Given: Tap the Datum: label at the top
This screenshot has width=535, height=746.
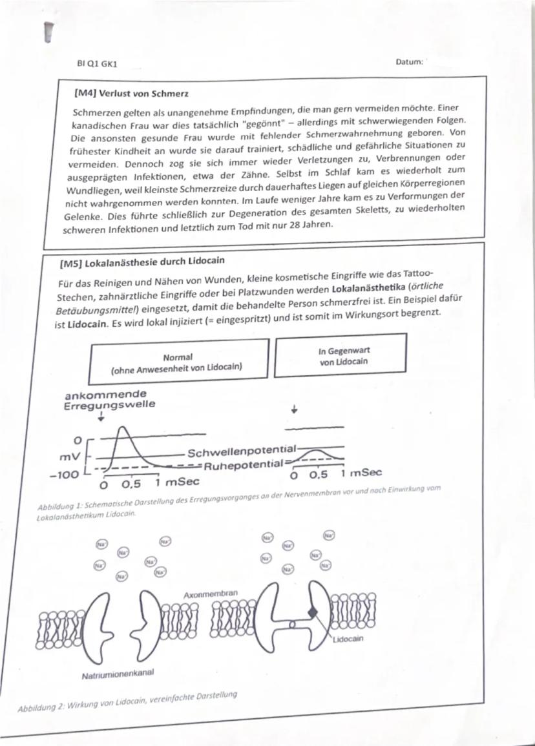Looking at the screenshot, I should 410,62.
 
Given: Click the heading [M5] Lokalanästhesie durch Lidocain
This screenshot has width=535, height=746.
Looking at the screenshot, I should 143,262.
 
